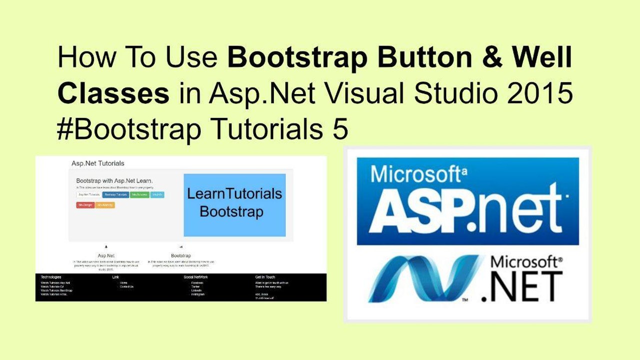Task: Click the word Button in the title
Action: [433, 58]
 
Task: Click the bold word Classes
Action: [113, 94]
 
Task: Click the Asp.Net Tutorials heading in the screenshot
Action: [98, 163]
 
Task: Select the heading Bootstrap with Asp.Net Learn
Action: [114, 180]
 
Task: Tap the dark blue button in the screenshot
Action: [116, 194]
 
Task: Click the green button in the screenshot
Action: [139, 194]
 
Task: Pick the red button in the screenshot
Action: [84, 205]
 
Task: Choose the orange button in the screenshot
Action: [105, 205]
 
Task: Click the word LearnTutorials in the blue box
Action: [234, 194]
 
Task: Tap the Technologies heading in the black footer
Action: [51, 277]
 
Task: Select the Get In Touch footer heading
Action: [265, 277]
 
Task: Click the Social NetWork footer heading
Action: [196, 277]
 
